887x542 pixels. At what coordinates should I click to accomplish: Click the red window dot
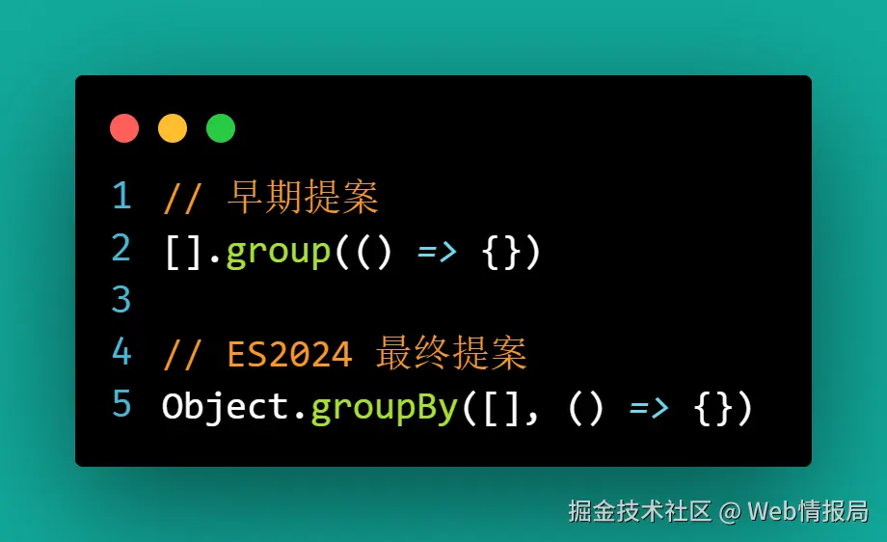[x=124, y=128]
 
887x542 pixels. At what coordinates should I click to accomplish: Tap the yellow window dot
[x=173, y=128]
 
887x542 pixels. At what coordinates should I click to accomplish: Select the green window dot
[x=221, y=128]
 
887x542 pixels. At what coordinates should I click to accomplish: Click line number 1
[x=121, y=196]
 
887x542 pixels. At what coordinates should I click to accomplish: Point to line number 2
[x=121, y=249]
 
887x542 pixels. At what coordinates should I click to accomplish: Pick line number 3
[x=121, y=300]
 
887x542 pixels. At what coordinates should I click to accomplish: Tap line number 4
[x=121, y=352]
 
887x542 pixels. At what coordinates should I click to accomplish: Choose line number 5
[x=121, y=404]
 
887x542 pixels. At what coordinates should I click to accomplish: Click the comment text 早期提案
[x=303, y=198]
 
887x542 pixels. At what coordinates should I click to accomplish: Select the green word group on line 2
[x=279, y=252]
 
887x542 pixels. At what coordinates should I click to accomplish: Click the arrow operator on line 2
[x=438, y=252]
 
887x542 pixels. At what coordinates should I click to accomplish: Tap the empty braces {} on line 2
[x=501, y=252]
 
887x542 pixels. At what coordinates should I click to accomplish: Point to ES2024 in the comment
[x=290, y=355]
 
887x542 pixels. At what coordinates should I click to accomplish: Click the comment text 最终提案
[x=452, y=354]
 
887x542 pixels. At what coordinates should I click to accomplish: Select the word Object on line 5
[x=226, y=407]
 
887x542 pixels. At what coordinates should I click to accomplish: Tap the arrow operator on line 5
[x=649, y=407]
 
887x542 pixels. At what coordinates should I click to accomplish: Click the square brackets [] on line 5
[x=501, y=407]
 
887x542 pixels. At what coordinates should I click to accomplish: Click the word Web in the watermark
[x=773, y=510]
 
